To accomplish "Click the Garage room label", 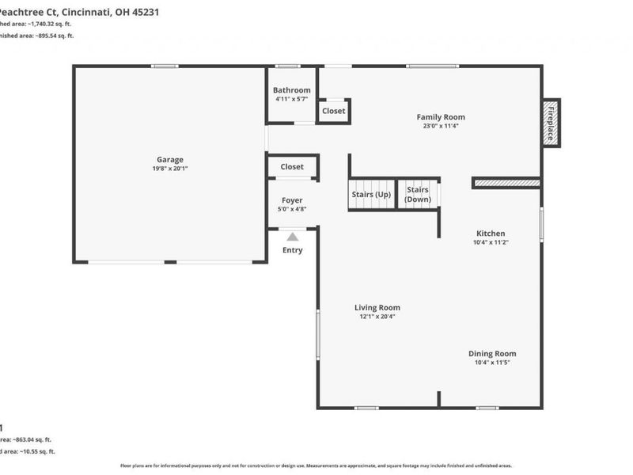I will pos(169,159).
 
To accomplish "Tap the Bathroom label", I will pos(292,90).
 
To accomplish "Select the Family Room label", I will pos(441,117).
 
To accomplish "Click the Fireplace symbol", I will pos(551,122).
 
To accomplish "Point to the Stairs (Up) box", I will pos(371,194).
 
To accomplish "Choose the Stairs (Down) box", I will pos(418,194).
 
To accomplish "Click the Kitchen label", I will pos(490,234).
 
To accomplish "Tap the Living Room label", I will pos(377,307).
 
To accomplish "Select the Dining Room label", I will pos(492,354).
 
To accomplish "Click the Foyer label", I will pos(292,200).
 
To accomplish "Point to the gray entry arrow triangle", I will pos(293,236).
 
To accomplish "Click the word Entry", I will pos(292,250).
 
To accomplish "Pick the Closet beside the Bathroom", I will pos(334,111).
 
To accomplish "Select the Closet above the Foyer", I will pos(292,167).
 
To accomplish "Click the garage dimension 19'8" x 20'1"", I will pos(169,169).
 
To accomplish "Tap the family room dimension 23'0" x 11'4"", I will pos(441,126).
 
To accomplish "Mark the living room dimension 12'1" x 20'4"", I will pos(377,317).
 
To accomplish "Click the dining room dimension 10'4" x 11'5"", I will pos(492,363).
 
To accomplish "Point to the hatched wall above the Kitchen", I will pos(506,183).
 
